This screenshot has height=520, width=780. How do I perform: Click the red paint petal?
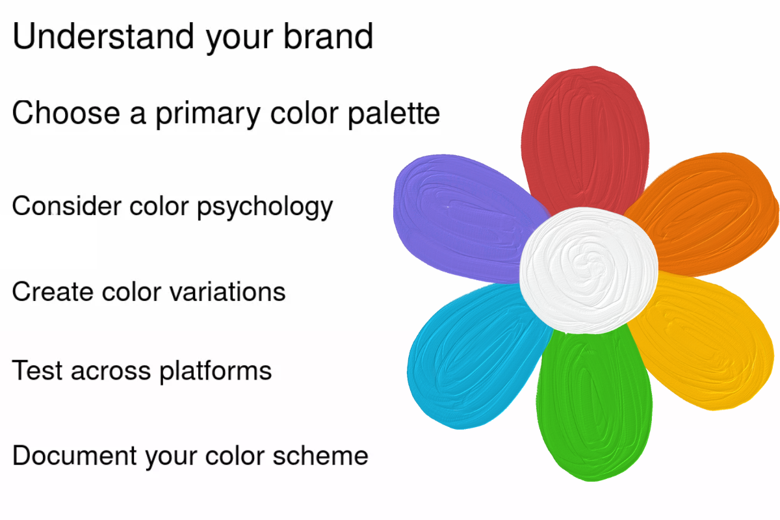coord(585,139)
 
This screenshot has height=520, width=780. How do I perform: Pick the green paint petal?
coord(593,404)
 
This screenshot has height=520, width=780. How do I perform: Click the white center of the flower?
coord(588,270)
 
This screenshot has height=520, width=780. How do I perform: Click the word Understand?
coord(103,36)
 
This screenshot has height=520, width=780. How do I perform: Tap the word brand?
coord(328,36)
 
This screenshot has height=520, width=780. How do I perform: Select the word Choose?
coord(66,112)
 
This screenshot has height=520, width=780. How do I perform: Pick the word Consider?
coord(67,206)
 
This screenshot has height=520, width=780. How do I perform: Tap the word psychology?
coord(265,207)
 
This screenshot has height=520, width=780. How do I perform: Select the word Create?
coord(53,291)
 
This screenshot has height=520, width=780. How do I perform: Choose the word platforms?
coord(216,371)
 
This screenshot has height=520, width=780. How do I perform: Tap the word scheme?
coord(320,455)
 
